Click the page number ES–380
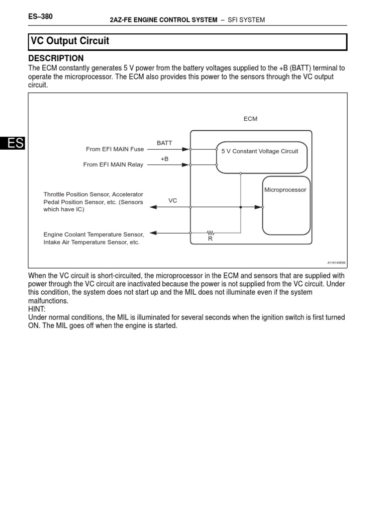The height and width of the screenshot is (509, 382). point(41,17)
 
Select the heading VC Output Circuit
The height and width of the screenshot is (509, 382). point(70,41)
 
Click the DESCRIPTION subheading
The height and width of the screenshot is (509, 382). point(56,58)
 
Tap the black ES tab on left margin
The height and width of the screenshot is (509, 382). point(12,143)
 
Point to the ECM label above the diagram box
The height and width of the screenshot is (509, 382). point(251,119)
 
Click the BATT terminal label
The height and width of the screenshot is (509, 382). point(164,143)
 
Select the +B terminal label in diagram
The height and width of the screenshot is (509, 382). point(165,159)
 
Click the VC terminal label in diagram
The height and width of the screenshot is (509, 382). point(173,200)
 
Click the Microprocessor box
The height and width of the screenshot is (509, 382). point(285,205)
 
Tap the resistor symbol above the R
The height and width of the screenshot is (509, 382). point(210,232)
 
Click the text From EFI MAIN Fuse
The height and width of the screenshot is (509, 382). point(115,149)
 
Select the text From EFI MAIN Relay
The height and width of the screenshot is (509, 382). point(113,165)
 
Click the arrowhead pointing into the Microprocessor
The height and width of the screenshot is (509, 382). point(258,207)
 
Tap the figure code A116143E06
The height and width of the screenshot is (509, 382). point(337,262)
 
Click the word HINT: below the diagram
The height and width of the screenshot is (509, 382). point(37,309)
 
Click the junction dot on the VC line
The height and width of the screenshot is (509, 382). point(241,207)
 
